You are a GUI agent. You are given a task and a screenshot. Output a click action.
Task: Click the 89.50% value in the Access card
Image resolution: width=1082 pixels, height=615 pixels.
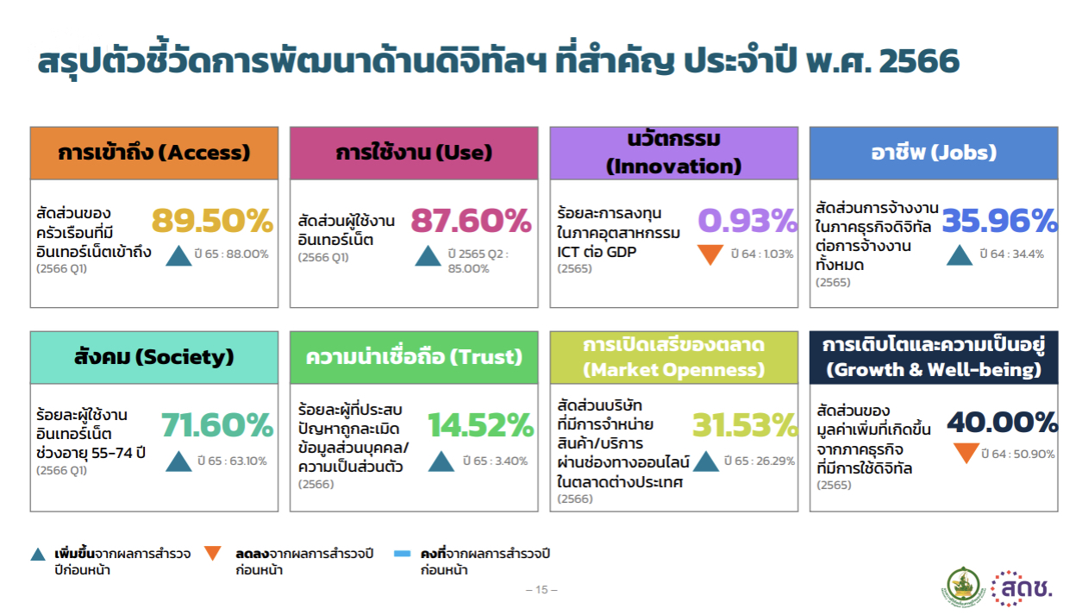213,221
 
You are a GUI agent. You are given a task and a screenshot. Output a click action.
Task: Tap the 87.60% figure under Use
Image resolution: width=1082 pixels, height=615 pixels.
471,221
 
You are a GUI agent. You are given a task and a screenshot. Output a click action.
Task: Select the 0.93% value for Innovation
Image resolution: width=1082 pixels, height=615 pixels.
747,221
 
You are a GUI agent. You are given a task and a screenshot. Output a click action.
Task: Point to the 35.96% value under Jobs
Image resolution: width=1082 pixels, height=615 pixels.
1000,221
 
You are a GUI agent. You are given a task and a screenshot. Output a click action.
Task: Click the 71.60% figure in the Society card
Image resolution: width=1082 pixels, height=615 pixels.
217,425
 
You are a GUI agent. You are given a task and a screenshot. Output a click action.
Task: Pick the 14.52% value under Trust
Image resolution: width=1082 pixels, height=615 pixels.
480,425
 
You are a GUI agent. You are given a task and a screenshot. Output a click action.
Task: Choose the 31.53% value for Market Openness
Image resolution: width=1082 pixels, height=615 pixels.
745,425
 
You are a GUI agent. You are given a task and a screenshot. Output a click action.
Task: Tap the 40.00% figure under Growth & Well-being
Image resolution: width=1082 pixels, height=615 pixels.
1003,422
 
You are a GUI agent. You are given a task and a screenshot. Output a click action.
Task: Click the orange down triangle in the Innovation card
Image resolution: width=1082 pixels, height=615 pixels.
710,253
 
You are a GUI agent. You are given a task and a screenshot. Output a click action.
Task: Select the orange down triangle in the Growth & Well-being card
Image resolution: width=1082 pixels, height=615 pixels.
966,452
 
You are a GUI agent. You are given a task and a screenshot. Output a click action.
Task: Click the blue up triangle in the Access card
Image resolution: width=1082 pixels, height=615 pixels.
178,256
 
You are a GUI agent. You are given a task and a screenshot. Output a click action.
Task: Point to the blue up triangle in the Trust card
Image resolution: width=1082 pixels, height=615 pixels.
441,462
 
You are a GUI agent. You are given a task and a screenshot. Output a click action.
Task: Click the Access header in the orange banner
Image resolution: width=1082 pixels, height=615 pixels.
154,153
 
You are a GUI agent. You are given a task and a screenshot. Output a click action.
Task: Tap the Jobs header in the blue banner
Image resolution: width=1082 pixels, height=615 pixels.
934,153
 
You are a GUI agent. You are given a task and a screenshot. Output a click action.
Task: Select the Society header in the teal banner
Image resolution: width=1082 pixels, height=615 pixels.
154,357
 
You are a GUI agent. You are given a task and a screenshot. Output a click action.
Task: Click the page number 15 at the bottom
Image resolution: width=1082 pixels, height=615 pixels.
541,589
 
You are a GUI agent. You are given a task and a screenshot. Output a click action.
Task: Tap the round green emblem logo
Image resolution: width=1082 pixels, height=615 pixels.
963,587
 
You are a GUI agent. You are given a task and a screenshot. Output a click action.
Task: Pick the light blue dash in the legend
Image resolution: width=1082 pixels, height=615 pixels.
403,554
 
